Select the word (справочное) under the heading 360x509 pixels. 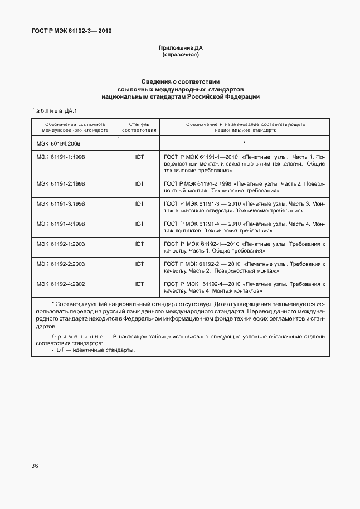click(x=180, y=56)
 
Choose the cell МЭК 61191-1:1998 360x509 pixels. click(x=61, y=157)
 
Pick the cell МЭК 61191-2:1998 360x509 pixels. click(x=61, y=183)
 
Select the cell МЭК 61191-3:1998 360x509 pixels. click(x=61, y=204)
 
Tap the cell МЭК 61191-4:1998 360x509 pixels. click(x=61, y=224)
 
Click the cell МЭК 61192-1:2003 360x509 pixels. click(x=61, y=244)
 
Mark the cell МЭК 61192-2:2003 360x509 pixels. click(x=61, y=264)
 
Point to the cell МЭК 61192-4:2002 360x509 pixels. click(x=61, y=284)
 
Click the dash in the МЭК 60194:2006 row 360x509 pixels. click(x=139, y=143)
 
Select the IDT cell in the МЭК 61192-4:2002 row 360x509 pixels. click(x=139, y=284)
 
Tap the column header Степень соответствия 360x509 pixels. click(x=139, y=126)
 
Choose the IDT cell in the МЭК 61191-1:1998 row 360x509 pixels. click(x=139, y=157)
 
